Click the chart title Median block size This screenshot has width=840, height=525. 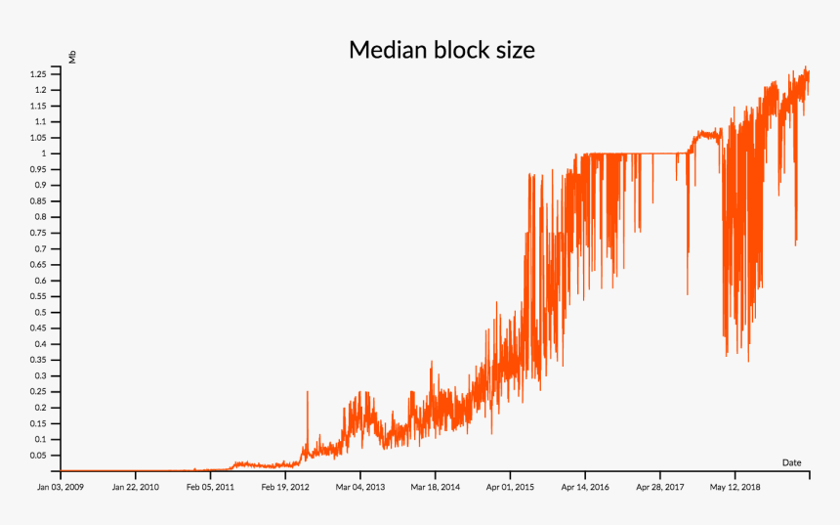[441, 50]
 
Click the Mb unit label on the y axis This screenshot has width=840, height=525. [72, 57]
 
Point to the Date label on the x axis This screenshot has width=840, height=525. [791, 461]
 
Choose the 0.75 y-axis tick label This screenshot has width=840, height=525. [39, 233]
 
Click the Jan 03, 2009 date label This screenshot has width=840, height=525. [62, 486]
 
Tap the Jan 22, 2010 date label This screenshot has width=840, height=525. [136, 486]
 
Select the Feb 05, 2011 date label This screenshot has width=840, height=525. [211, 486]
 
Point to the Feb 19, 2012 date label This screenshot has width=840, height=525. [286, 486]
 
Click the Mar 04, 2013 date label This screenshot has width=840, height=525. [361, 486]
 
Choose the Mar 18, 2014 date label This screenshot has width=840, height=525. [436, 486]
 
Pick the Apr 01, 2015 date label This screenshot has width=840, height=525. [510, 486]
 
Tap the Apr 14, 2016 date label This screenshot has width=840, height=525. [585, 486]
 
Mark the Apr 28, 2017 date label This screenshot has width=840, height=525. [660, 486]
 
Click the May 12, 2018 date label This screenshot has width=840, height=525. [735, 486]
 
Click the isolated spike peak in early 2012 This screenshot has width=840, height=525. [308, 392]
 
